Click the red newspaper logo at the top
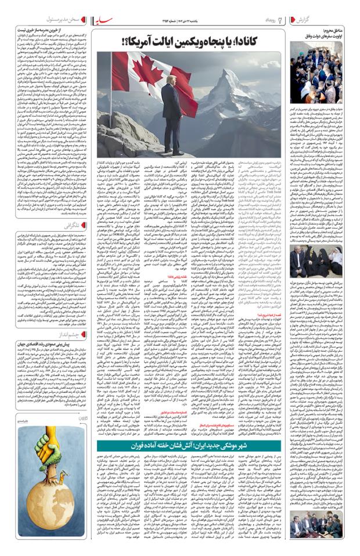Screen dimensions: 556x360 106,23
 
